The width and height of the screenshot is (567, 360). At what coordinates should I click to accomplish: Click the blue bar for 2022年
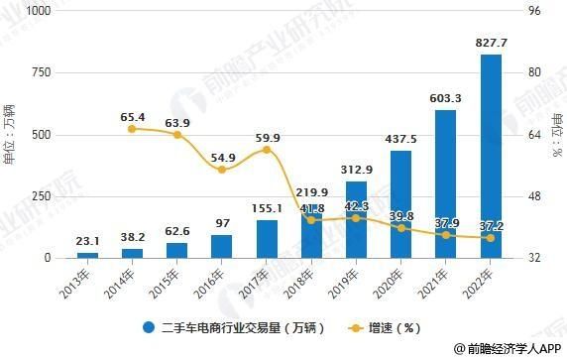point(491,156)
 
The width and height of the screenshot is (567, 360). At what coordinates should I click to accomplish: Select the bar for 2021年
point(446,183)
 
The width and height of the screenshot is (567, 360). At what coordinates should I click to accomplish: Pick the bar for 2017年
point(267,239)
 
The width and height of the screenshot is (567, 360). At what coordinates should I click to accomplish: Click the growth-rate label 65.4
point(132,117)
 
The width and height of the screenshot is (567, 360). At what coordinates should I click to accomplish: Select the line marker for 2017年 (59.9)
point(267,150)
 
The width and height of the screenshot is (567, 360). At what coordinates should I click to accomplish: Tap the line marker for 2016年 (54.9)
point(222,170)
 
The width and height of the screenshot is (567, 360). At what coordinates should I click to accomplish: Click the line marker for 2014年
point(132,128)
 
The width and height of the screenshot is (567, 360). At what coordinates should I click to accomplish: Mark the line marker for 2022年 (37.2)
point(491,238)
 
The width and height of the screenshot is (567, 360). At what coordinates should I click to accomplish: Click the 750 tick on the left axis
point(39,72)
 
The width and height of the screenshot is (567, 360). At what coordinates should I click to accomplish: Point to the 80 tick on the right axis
point(533,72)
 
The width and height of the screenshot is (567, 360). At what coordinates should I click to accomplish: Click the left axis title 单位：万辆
point(10,134)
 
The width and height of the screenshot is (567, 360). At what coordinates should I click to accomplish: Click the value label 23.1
point(87,240)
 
